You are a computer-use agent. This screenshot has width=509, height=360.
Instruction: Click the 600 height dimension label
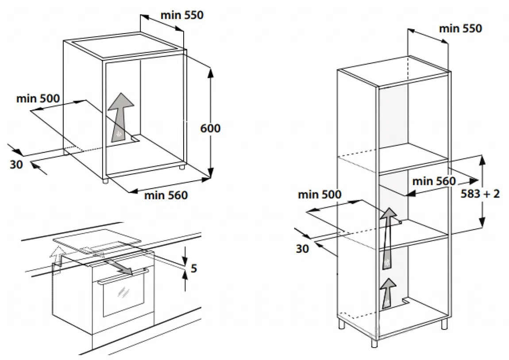[x=210, y=128]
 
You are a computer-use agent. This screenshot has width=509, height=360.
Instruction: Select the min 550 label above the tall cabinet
[x=460, y=29]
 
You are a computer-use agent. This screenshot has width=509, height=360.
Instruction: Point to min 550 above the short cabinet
[x=181, y=15]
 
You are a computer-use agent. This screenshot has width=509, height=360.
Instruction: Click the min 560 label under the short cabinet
[x=166, y=195]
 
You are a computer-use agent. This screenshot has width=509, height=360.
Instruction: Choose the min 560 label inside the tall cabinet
[x=433, y=181]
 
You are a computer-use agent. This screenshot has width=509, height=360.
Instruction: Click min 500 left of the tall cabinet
[x=320, y=194]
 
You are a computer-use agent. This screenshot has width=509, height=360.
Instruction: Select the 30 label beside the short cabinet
[x=16, y=164]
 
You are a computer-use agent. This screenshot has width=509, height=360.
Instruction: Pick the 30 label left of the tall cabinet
[x=302, y=248]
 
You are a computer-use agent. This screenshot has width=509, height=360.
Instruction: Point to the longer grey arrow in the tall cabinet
[x=388, y=239]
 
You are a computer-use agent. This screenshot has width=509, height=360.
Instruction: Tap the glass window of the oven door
[x=124, y=297]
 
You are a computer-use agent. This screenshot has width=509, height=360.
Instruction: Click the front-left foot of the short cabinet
[x=104, y=181]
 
